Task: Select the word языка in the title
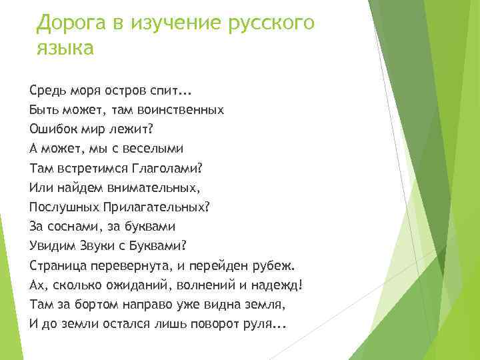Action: pyautogui.click(x=65, y=49)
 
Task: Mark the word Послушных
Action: pyautogui.click(x=64, y=207)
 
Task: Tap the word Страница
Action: pyautogui.click(x=57, y=265)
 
